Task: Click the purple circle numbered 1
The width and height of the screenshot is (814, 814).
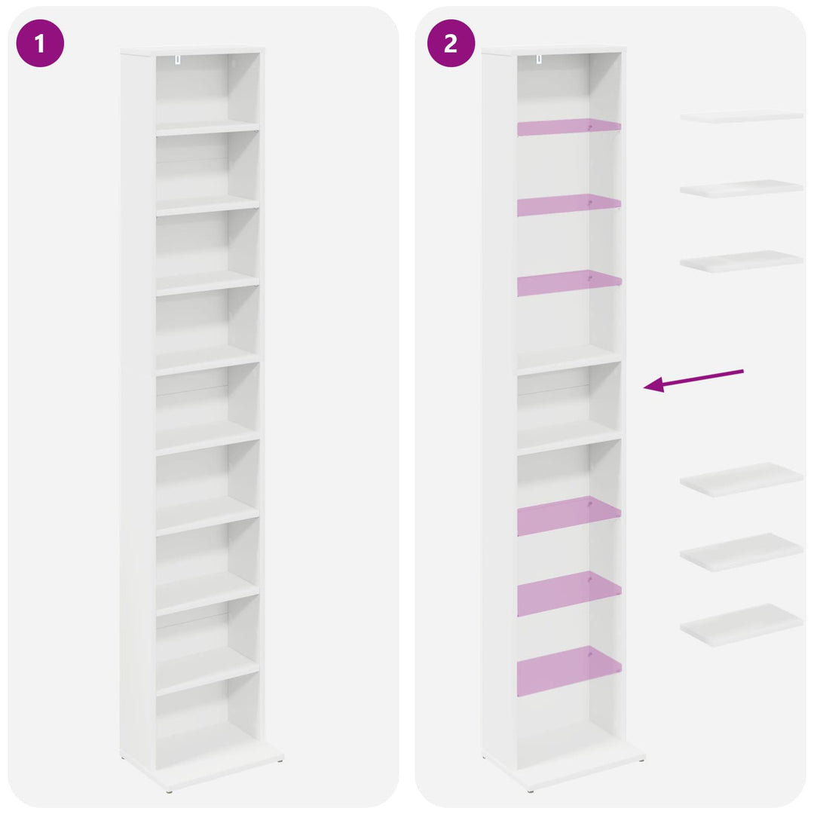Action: point(40,43)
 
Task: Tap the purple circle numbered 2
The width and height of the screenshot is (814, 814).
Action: point(451,43)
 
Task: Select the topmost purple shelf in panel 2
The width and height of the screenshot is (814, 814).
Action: point(569,127)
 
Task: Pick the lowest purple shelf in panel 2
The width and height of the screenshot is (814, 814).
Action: point(569,670)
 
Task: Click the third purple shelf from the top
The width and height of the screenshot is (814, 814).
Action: point(569,283)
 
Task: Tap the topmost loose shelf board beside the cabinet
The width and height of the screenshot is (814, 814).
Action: point(742,116)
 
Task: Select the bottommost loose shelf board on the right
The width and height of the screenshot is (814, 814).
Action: point(742,625)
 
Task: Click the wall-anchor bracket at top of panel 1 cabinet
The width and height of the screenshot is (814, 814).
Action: point(178,60)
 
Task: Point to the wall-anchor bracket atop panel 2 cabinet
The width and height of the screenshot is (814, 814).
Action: point(539,60)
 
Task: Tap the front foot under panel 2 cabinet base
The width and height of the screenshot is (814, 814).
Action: point(530,791)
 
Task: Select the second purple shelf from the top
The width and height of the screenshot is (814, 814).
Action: point(569,204)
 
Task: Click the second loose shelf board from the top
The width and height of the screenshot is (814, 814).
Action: point(742,188)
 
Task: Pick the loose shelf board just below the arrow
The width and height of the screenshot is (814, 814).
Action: point(742,479)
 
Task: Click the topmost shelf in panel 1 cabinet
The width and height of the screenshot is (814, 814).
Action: point(208,127)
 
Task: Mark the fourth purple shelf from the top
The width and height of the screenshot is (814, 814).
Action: point(569,515)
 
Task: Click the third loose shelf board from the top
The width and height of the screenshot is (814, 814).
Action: point(742,261)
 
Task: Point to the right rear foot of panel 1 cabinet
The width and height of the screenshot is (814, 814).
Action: point(280,760)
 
